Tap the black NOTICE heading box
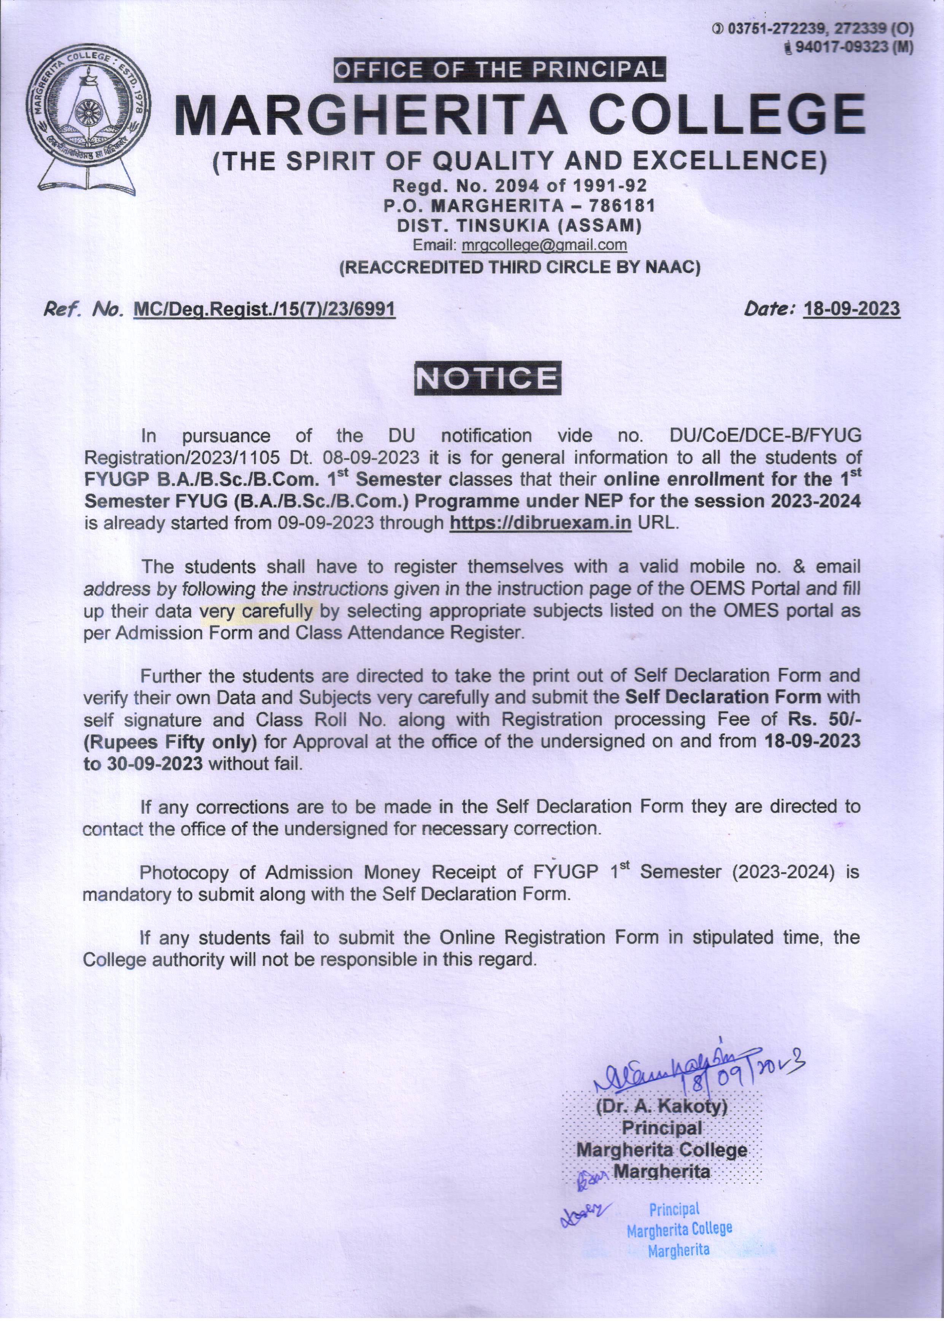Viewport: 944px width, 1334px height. (487, 379)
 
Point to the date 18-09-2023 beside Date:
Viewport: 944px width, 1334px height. (850, 308)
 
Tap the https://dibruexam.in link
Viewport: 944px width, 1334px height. (540, 523)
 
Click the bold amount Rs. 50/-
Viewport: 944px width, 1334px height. (823, 719)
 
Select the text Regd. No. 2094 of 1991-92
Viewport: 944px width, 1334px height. (520, 185)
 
